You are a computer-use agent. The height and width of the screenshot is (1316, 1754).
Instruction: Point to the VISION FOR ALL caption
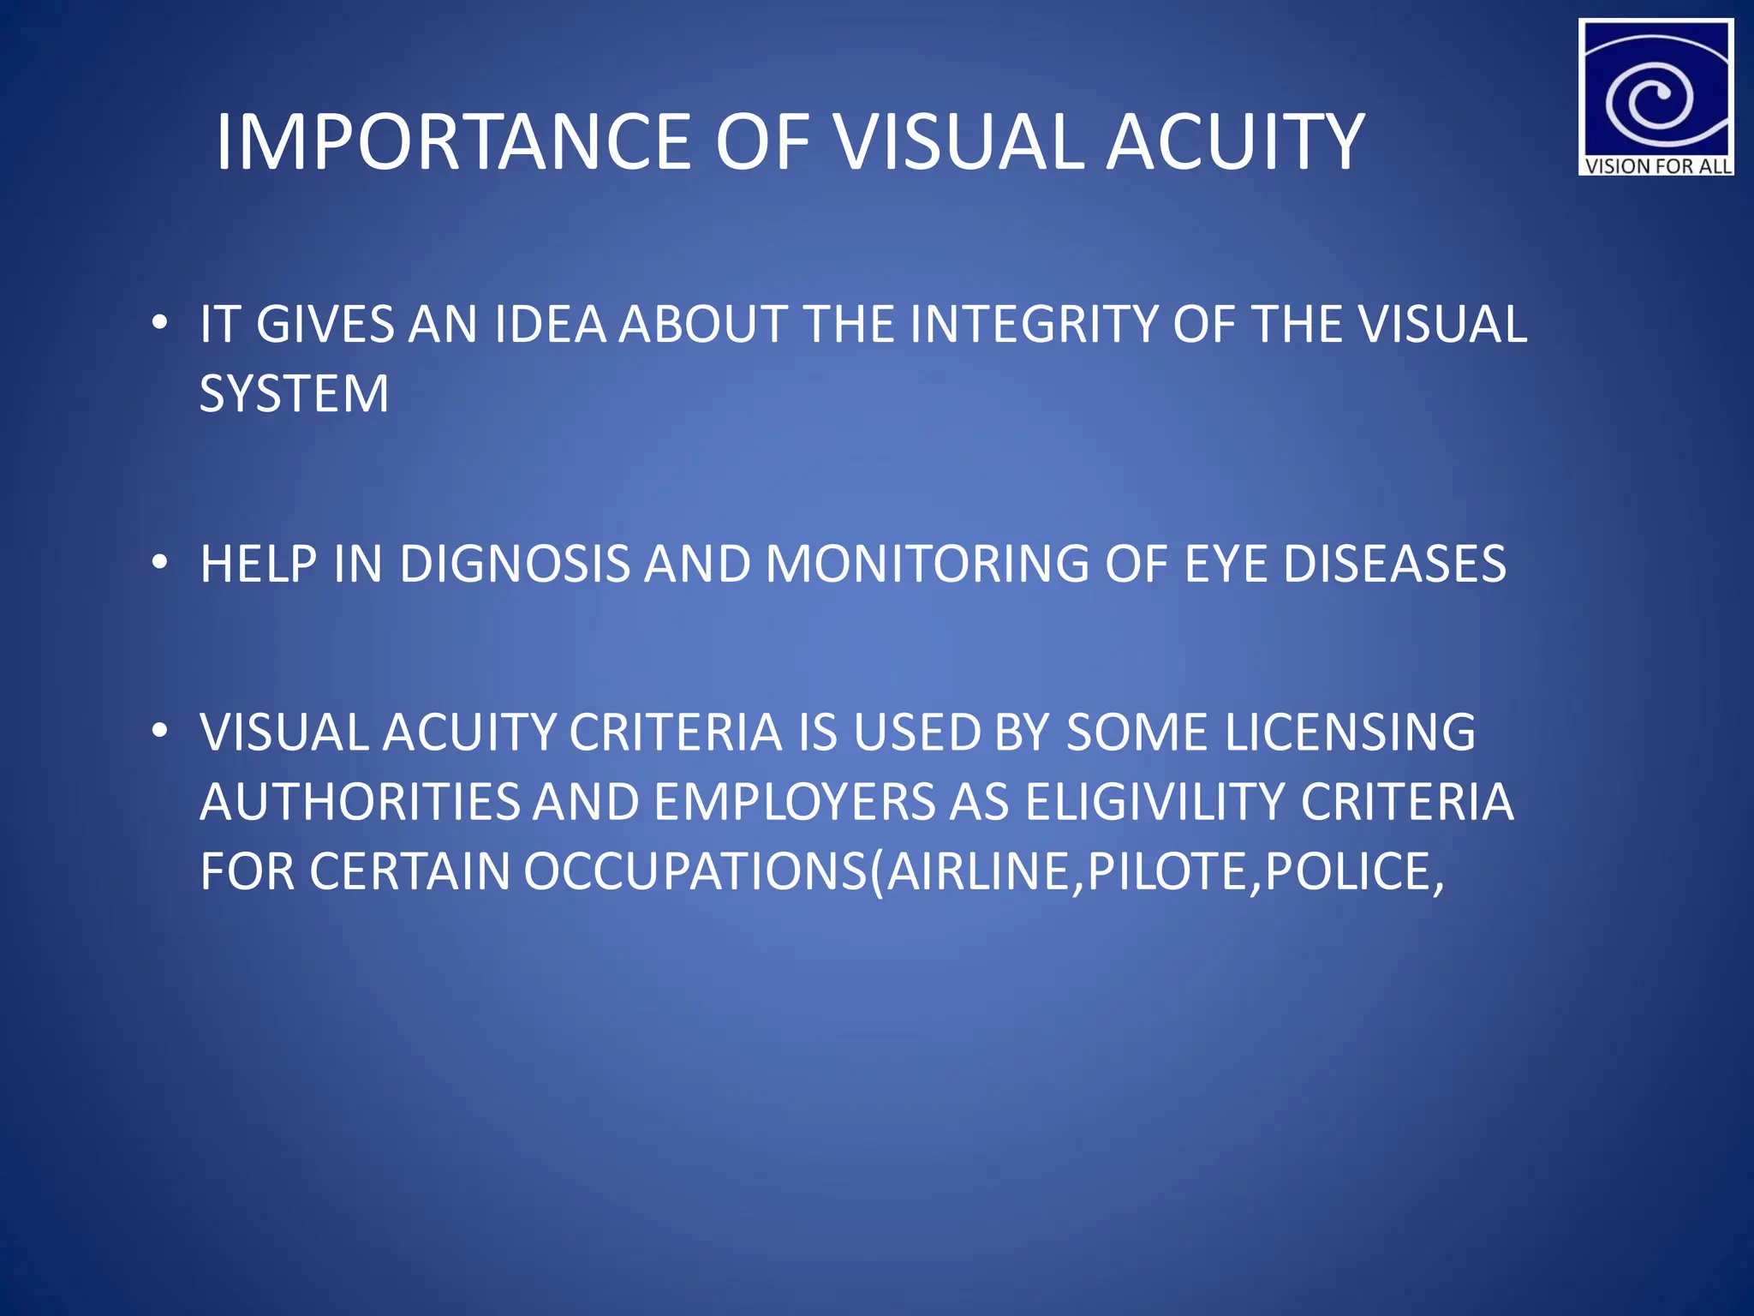[x=1656, y=166]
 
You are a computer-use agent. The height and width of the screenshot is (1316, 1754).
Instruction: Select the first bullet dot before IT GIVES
[x=158, y=325]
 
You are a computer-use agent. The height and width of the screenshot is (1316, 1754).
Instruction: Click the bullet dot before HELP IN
[x=158, y=564]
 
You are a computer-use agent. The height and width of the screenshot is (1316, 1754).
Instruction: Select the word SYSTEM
[x=294, y=394]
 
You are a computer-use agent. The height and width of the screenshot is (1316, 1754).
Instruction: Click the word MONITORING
[x=927, y=565]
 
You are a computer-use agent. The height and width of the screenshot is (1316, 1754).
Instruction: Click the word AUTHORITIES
[x=360, y=803]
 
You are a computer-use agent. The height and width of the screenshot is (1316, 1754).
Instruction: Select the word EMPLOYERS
[x=795, y=803]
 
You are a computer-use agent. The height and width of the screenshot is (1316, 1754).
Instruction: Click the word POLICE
[x=1353, y=872]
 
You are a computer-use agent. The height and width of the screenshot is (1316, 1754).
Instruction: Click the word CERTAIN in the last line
[x=409, y=872]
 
